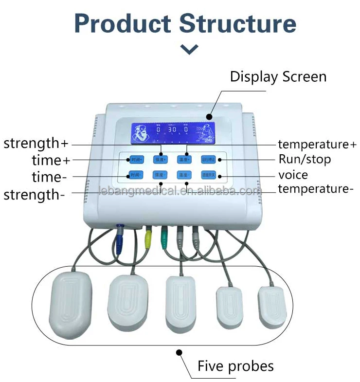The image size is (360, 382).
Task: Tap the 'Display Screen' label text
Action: [x=278, y=76]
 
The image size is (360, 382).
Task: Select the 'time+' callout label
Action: [x=47, y=160]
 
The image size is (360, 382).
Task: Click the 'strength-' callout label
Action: [x=35, y=195]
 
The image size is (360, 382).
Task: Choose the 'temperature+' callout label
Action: [x=317, y=144]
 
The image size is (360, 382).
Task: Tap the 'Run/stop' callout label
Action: [x=305, y=159]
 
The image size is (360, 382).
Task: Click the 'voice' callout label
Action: [x=293, y=175]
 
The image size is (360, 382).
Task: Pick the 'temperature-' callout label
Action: [x=315, y=189]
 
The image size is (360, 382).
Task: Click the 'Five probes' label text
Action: [x=235, y=366]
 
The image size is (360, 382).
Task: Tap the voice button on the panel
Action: [x=211, y=175]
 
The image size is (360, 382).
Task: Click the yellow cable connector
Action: [x=148, y=236]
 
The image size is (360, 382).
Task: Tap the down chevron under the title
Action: [x=189, y=49]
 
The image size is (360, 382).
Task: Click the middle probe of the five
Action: [x=181, y=302]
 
